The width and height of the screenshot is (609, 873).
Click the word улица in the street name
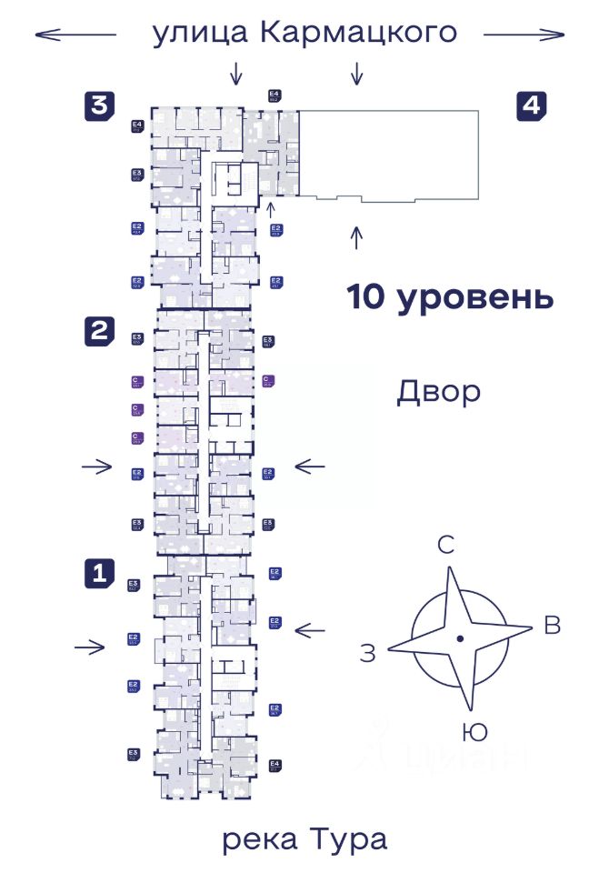pos(201,34)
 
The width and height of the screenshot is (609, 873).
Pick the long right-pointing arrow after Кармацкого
pos(524,35)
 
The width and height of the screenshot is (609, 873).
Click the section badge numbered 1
pos(99,573)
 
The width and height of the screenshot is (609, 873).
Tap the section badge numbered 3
pos(99,105)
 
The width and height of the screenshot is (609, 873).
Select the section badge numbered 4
pos(532,105)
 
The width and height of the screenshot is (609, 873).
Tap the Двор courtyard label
pos(438,393)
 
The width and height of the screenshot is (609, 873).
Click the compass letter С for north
pos(445,546)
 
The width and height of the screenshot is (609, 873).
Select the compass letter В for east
pos(552,626)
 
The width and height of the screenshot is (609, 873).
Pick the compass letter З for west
pos(366,653)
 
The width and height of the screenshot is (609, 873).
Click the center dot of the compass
pos(461,638)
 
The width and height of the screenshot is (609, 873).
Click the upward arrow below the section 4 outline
pos(356,237)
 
